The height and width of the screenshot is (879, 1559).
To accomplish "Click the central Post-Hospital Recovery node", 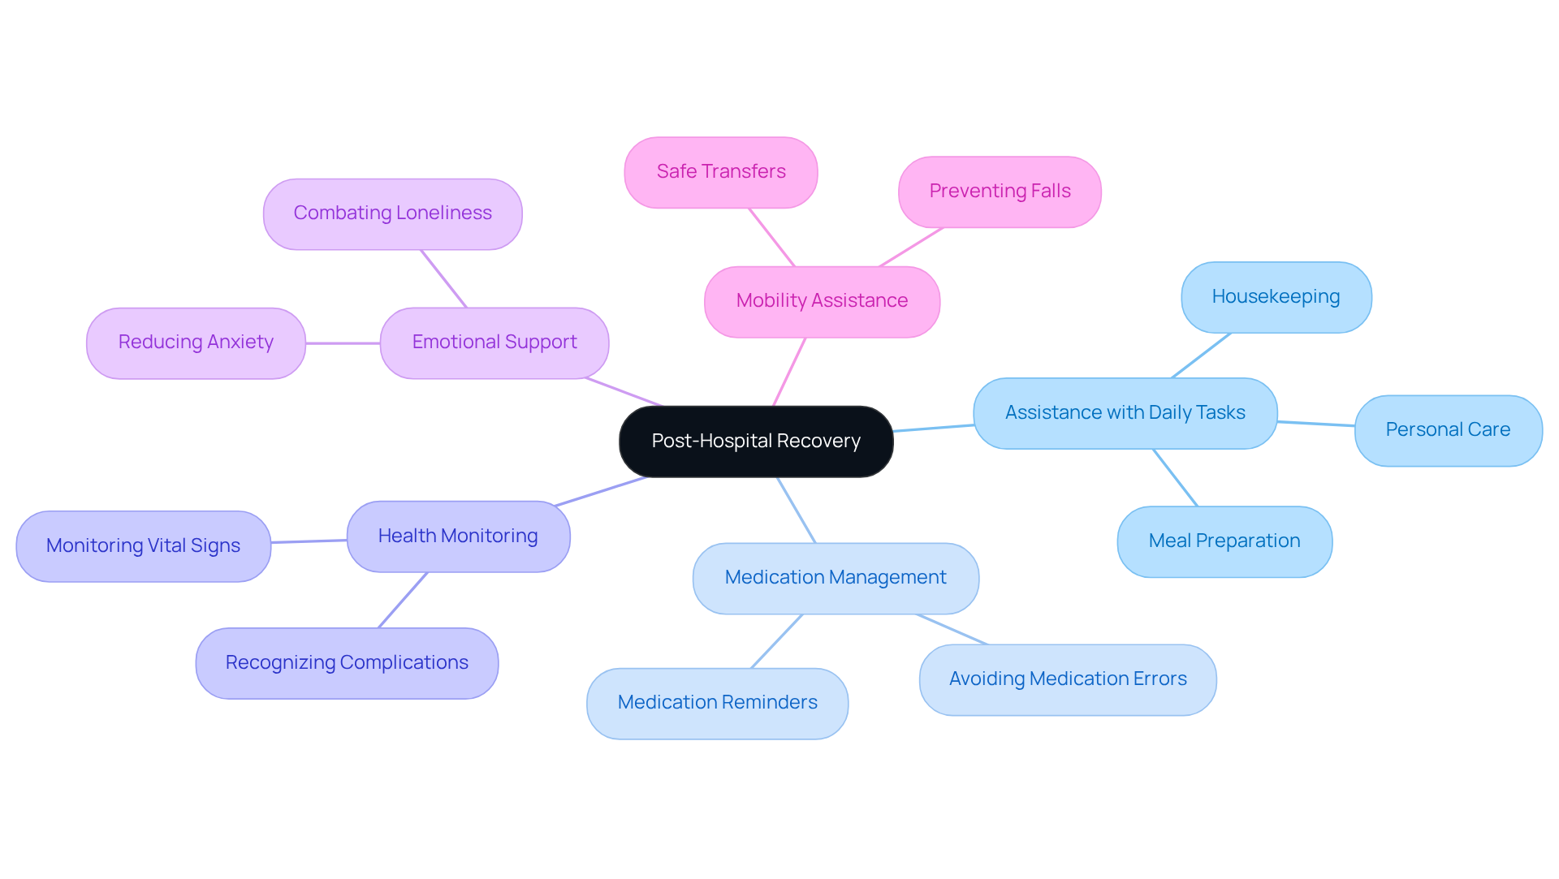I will coord(756,442).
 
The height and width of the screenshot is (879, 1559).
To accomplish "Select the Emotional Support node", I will coord(494,343).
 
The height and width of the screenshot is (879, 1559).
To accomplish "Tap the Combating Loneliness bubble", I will coord(392,213).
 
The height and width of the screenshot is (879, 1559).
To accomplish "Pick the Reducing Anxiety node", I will coord(196,343).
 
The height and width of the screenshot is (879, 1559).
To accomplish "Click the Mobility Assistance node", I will coord(822,301).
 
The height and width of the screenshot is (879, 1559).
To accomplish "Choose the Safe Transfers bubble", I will coord(721,172).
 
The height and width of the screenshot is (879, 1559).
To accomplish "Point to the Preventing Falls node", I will coord(1000,192).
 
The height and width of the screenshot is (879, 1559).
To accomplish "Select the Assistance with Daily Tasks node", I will coord(1125,413).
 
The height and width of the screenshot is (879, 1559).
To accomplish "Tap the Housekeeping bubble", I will coord(1276,297).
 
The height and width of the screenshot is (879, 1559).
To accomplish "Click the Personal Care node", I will coord(1448,430).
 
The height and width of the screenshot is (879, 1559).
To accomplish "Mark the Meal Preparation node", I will coord(1224,541).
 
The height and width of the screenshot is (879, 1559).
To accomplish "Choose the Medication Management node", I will coord(836,578).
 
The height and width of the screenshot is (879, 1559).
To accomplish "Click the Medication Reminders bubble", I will coord(717,703).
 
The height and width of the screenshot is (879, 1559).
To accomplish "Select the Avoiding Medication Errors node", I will coord(1068,679).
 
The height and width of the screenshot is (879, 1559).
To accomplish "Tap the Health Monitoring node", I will coord(458,536).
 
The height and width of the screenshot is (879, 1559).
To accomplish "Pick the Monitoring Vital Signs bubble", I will coord(143,546).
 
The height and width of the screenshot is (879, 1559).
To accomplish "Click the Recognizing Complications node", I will coord(347,663).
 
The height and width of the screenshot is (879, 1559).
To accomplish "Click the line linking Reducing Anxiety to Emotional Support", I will coord(343,343).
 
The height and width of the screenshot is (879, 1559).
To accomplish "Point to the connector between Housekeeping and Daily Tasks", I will coord(1201,355).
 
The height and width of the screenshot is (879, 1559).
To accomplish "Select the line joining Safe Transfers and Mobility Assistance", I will coord(771,237).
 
